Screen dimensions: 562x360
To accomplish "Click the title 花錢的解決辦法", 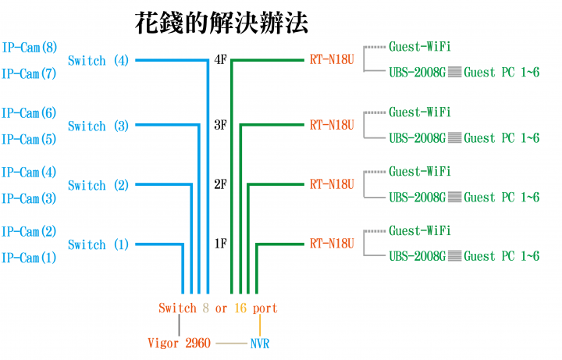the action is tap(221, 23).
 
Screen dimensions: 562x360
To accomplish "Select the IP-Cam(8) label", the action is tap(30, 48).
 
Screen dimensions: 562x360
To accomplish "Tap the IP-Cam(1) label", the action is tap(29, 258).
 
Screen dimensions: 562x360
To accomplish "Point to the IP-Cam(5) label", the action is tap(29, 140).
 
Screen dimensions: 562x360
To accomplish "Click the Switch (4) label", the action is tap(98, 61).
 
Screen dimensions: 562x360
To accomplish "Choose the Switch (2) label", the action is tap(98, 185).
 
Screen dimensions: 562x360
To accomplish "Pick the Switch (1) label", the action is tap(98, 245).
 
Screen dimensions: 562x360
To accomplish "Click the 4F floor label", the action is tap(220, 59).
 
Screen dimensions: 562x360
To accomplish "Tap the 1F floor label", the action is tap(220, 244).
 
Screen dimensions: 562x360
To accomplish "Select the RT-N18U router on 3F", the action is tap(332, 125).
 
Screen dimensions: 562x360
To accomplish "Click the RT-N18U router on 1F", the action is tap(332, 244).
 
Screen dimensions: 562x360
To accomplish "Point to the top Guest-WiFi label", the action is tap(420, 47).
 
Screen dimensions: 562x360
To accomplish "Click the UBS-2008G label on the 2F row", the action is tap(418, 198).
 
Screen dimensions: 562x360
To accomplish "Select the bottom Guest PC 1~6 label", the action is tap(502, 256).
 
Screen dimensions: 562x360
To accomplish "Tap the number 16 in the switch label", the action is tap(240, 308).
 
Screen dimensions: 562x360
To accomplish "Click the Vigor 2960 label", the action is tap(180, 343).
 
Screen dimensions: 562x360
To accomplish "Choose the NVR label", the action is tap(260, 344).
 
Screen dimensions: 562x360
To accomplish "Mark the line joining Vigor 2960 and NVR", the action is tap(232, 344).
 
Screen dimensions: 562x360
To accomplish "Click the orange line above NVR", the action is tap(260, 325).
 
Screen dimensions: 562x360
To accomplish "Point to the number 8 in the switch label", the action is tap(206, 308).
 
